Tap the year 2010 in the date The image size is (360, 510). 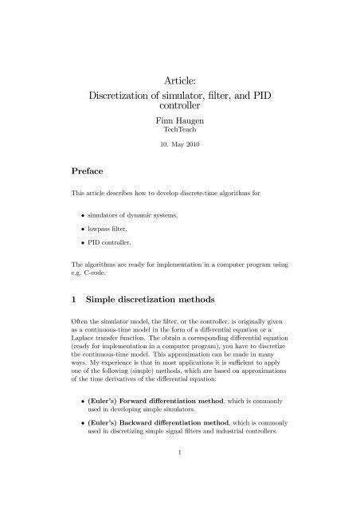tap(198, 146)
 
